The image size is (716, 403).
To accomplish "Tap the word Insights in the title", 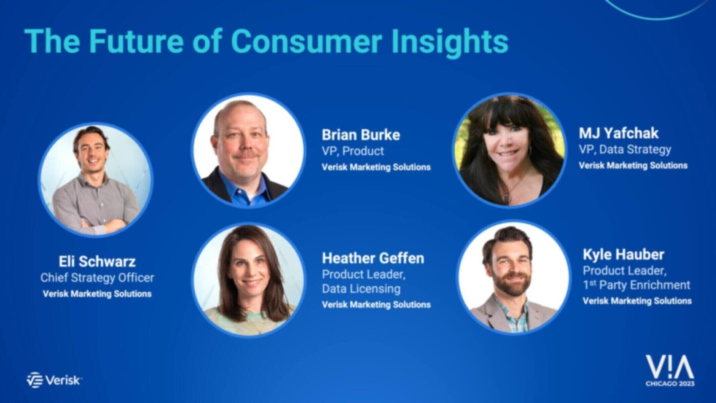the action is pos(450,42).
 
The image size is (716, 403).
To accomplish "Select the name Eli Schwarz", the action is pos(97,261).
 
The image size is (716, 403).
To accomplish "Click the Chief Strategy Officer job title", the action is pos(97,278).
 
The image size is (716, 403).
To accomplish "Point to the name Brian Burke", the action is pos(361,135).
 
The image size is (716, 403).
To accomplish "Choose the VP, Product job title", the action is pos(353,151).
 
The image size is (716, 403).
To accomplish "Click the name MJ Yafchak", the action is pos(618,133).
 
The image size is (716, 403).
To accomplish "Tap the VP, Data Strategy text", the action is pos(625,150).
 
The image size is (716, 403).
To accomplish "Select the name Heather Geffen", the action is pos(373,258).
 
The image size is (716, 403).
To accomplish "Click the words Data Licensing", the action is pos(361,289).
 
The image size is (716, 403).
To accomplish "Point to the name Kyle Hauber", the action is pos(623,255).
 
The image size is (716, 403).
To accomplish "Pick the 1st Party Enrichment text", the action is pos(636,285).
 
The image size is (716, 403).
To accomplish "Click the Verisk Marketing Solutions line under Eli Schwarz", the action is pos(97,294).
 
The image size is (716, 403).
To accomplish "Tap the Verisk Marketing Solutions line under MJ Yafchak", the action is pos(633,166).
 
